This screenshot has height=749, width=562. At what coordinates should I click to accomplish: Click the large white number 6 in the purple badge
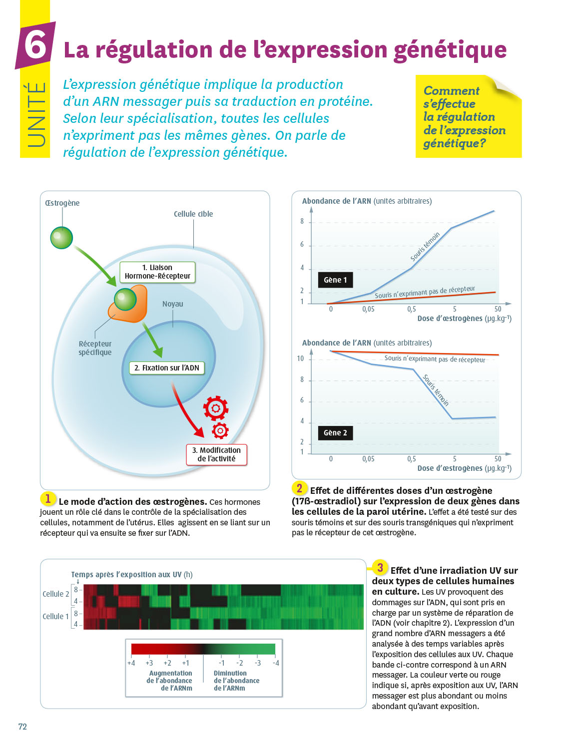(x=35, y=45)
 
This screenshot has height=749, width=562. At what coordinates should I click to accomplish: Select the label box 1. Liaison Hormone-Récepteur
(x=157, y=272)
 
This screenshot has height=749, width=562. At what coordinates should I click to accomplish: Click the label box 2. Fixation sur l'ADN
(x=167, y=368)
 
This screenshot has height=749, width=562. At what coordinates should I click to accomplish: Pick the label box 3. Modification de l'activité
(x=216, y=454)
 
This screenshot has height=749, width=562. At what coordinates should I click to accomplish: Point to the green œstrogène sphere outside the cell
(x=61, y=238)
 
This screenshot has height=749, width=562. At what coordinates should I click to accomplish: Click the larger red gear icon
(x=216, y=408)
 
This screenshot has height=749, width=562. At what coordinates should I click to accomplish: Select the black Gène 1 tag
(x=335, y=280)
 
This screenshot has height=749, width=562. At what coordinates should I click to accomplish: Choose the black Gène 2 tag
(x=335, y=432)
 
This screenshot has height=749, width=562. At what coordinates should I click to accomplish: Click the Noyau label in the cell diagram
(x=173, y=304)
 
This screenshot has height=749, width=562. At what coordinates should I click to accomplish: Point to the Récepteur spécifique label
(x=95, y=348)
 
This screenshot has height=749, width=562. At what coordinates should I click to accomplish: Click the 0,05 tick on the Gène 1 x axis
(x=368, y=310)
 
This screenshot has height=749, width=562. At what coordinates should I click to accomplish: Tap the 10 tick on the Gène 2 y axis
(x=300, y=359)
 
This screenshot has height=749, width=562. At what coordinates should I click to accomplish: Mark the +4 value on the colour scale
(x=131, y=663)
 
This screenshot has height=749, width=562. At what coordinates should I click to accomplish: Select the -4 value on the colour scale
(x=276, y=663)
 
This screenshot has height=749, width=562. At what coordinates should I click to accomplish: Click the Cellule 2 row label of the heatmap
(x=55, y=594)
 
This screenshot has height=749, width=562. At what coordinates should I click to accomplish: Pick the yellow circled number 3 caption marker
(x=380, y=568)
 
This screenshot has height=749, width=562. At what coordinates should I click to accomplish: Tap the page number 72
(x=22, y=727)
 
